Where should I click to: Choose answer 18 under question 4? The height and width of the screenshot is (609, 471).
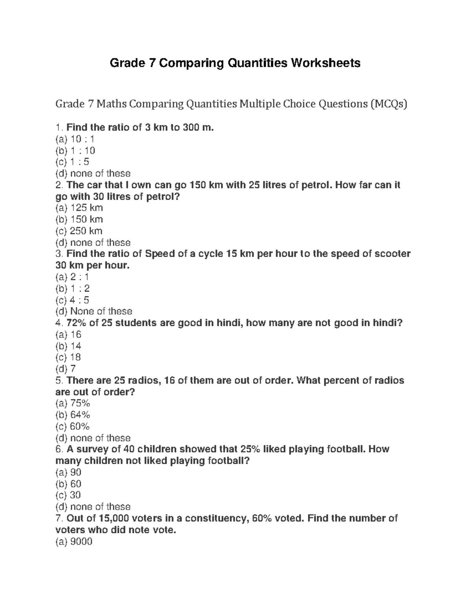[75, 357]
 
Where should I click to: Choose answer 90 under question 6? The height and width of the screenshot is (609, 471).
[75, 472]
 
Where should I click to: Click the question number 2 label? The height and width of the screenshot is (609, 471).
[58, 185]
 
